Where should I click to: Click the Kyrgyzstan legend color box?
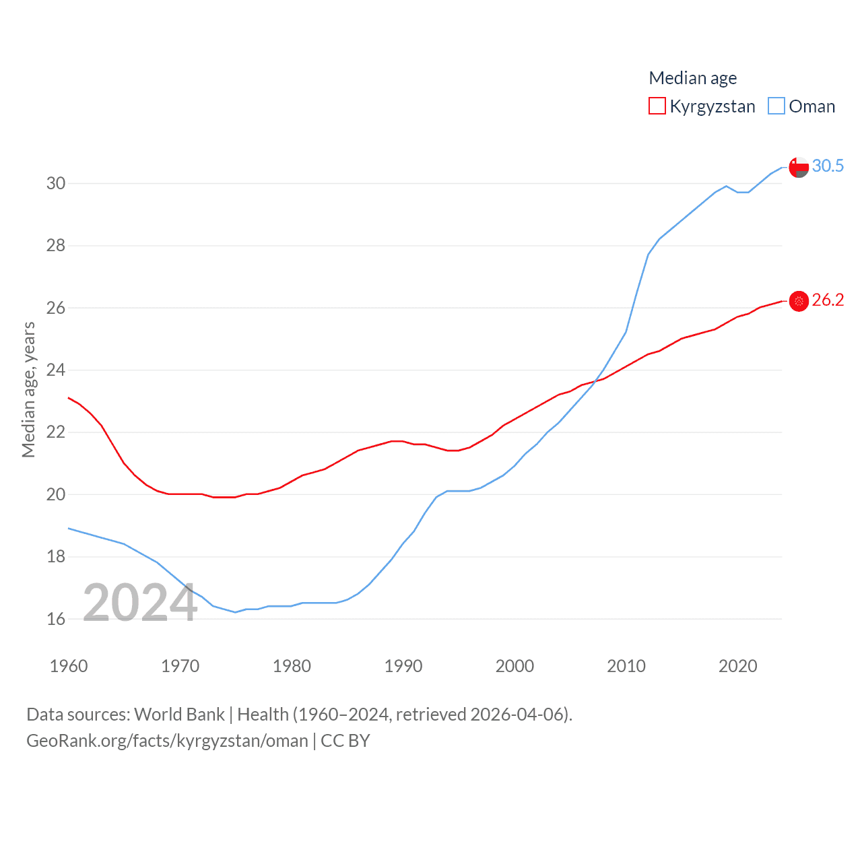[657, 106]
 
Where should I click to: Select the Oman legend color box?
[776, 106]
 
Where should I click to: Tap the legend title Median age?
[692, 78]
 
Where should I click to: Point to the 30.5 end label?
[828, 166]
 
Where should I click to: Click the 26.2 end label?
[828, 300]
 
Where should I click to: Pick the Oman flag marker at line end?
[799, 167]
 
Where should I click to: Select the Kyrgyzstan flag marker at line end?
[799, 301]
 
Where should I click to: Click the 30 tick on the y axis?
[56, 183]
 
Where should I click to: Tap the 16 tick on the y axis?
[56, 619]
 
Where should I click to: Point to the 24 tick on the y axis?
[56, 370]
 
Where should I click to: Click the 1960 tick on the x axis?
[69, 666]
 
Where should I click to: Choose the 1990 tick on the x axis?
[403, 666]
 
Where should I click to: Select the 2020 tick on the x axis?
[738, 666]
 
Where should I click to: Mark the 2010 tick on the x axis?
[626, 666]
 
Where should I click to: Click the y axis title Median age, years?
[28, 390]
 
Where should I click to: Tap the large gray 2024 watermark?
[140, 603]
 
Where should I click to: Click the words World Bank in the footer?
[179, 714]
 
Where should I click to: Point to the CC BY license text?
[345, 741]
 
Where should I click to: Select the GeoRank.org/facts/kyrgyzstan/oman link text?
[167, 741]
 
